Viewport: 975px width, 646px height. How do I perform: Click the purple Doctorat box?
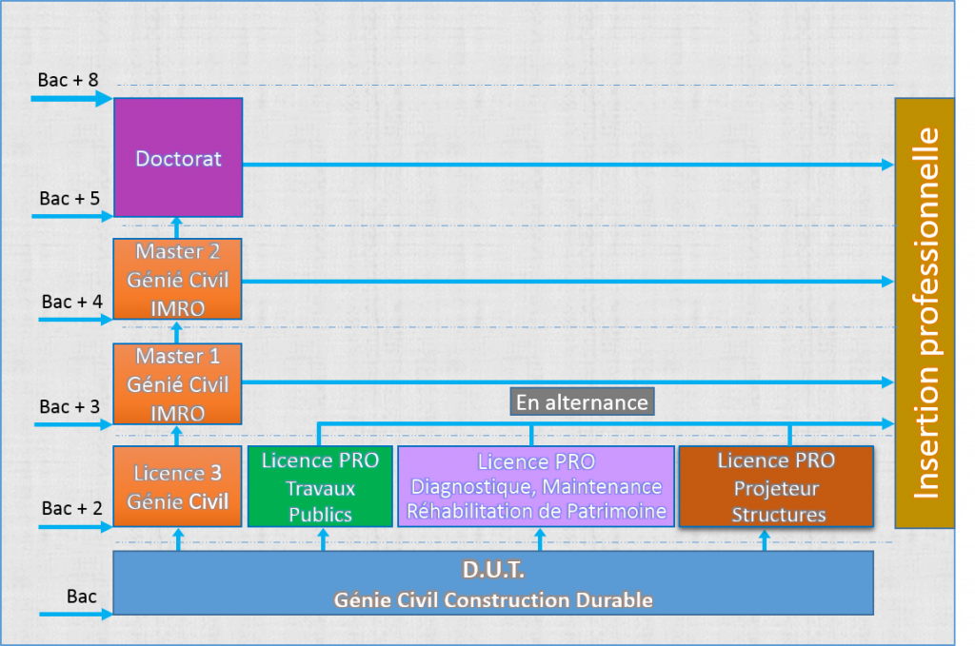[x=178, y=157]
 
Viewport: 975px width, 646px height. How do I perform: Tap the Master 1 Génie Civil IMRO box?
[x=178, y=384]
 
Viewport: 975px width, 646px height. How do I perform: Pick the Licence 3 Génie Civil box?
[x=178, y=486]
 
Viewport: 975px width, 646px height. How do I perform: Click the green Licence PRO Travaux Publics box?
[x=320, y=486]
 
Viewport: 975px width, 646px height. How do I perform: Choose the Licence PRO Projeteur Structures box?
[x=775, y=486]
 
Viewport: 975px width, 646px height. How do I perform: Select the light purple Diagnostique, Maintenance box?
[x=536, y=486]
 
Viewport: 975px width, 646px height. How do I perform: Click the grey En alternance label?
[x=581, y=401]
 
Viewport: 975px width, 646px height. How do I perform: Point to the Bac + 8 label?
[x=69, y=80]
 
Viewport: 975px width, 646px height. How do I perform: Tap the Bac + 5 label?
[x=69, y=199]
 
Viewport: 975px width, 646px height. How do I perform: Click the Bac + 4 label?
[x=70, y=302]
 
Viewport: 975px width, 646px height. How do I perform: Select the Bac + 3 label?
[x=70, y=406]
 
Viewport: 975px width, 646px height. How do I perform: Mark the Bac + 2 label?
[x=70, y=508]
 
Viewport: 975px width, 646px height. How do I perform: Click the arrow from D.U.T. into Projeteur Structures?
[x=765, y=539]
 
